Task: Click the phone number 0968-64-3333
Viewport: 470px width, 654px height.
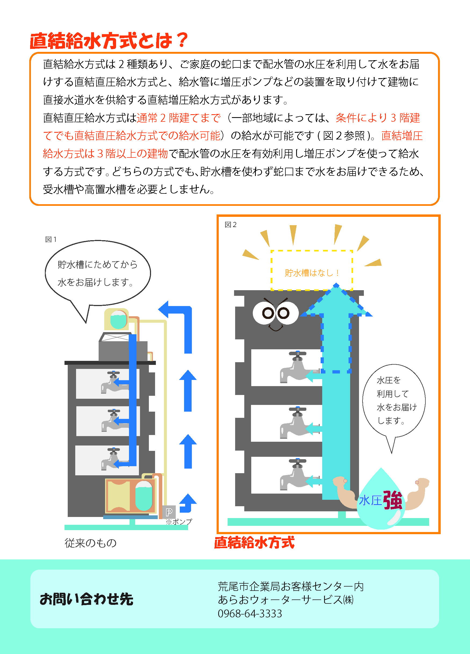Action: coord(250,613)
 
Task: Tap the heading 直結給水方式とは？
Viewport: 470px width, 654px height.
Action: coord(109,41)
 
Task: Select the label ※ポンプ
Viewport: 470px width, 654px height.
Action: coord(179,521)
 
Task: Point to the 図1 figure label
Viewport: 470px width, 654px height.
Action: coord(51,239)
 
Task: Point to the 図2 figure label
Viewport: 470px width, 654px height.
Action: coord(230,225)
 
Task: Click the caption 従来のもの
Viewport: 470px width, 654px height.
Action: coord(91,543)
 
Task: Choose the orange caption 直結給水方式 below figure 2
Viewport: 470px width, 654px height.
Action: coord(254,542)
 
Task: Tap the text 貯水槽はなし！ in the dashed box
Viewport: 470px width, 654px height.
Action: coord(312,273)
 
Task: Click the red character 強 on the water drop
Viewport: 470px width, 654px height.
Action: coord(392,500)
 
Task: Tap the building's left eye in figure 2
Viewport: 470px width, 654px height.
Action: coord(268,312)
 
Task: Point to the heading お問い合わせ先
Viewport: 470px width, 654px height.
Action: coord(87,599)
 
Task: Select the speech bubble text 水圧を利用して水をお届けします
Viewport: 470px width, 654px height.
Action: coord(394,400)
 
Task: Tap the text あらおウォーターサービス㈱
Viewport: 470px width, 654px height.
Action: coord(285,599)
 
